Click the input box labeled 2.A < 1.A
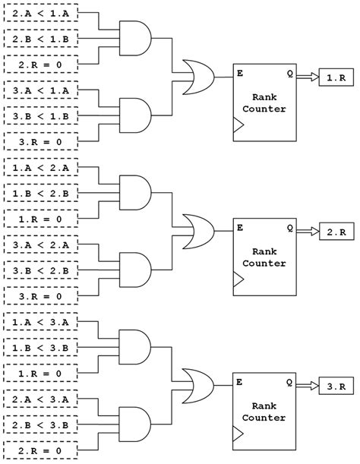[41, 14]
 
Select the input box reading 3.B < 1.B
[41, 117]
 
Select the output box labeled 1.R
[335, 77]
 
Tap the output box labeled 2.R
[335, 231]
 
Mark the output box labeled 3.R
[335, 387]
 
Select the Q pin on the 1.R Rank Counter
[290, 74]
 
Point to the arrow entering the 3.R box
[308, 387]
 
